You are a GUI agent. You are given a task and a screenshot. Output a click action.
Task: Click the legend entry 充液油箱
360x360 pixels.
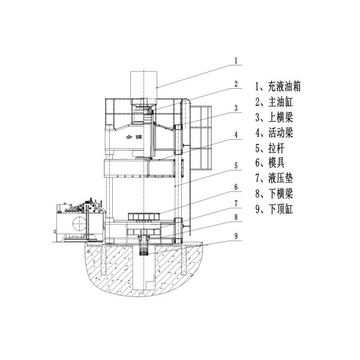[278, 87]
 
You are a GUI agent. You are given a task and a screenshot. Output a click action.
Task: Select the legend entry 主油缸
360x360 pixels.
[274, 102]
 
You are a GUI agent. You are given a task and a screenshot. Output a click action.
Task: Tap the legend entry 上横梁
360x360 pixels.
[274, 118]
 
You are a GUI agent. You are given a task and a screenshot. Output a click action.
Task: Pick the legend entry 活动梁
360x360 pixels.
[274, 133]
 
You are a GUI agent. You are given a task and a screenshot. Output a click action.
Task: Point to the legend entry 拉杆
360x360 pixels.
[270, 148]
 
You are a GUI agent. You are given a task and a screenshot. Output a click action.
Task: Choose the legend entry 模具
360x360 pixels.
[270, 163]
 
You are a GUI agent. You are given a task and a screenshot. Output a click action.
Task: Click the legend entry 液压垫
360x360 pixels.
[274, 179]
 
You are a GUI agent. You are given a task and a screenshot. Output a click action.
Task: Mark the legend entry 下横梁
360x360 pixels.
[274, 194]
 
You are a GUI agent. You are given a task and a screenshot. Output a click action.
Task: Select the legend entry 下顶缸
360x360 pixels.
[274, 209]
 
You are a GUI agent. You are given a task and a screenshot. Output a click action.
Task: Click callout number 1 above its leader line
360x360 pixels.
[236, 61]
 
